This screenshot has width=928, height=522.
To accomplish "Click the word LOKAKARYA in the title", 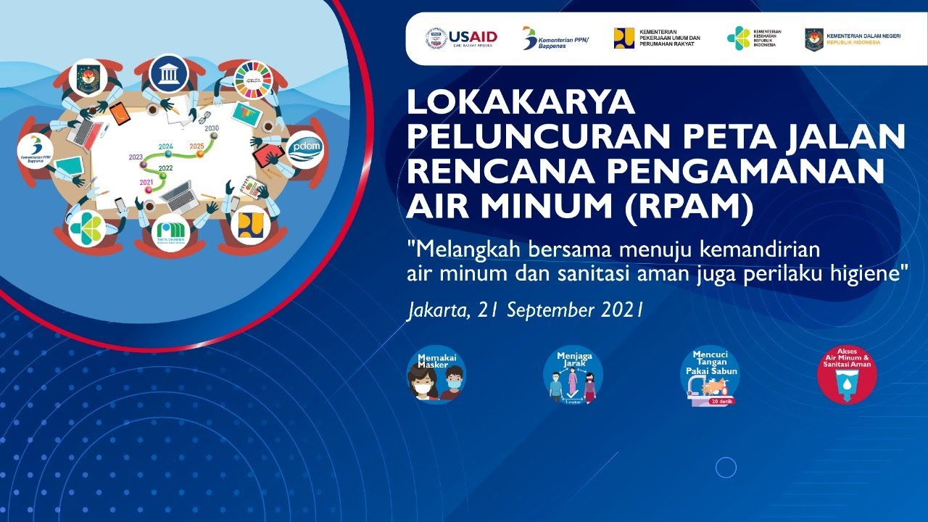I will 521,103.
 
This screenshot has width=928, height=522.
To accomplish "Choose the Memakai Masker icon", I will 436,374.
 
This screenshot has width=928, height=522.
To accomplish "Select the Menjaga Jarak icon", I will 573,374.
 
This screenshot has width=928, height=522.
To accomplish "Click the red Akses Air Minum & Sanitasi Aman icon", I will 847,374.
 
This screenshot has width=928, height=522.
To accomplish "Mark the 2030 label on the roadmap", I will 212,128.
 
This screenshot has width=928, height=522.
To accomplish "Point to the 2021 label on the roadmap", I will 146,182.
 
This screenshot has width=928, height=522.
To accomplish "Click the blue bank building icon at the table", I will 170,74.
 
